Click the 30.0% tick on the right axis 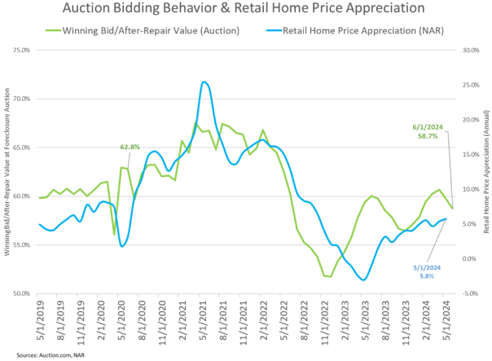point(471,51)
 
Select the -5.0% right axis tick point(471,293)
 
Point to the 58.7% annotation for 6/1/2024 point(423,137)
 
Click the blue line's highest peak point(204,81)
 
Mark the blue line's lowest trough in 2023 point(363,280)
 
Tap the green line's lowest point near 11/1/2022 point(327,276)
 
